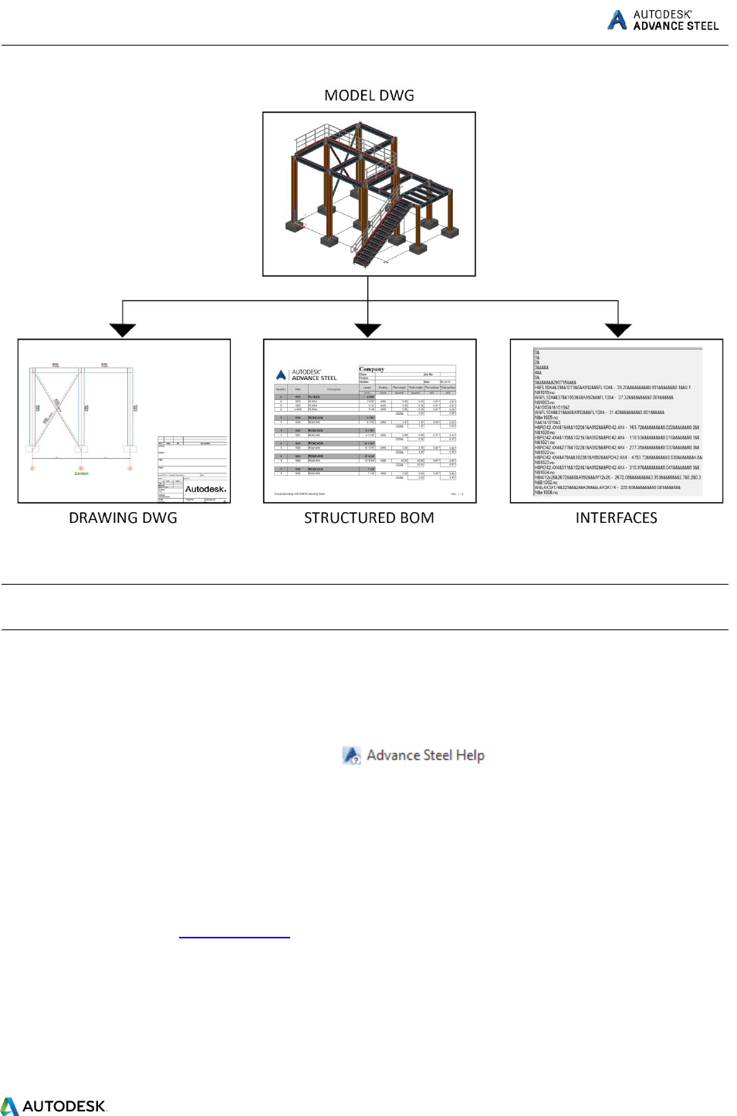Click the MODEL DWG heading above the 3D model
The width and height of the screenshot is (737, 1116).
[x=369, y=96]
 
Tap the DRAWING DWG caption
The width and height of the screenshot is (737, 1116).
[x=123, y=518]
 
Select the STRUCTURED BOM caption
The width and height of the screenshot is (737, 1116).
[x=369, y=518]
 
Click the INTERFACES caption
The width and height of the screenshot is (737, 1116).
[x=616, y=518]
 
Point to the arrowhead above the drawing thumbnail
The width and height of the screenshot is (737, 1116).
[x=123, y=330]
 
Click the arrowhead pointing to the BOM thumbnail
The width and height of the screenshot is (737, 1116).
[x=368, y=330]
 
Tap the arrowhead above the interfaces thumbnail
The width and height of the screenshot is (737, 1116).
[x=617, y=330]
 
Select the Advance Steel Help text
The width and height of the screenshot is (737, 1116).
[x=425, y=755]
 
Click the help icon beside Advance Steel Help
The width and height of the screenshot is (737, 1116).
[x=352, y=755]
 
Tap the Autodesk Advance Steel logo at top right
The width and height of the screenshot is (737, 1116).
[x=664, y=20]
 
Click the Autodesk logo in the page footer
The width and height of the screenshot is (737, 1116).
[x=53, y=1106]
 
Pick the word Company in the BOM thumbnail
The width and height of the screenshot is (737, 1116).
[x=371, y=369]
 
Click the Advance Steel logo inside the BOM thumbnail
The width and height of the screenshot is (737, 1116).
[x=307, y=375]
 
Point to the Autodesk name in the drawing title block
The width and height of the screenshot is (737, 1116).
[x=205, y=489]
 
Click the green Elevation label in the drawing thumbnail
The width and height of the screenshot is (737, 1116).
[x=81, y=473]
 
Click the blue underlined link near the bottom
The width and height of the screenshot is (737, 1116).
[x=234, y=935]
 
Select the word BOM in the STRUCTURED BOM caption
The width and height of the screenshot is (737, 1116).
[x=417, y=518]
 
